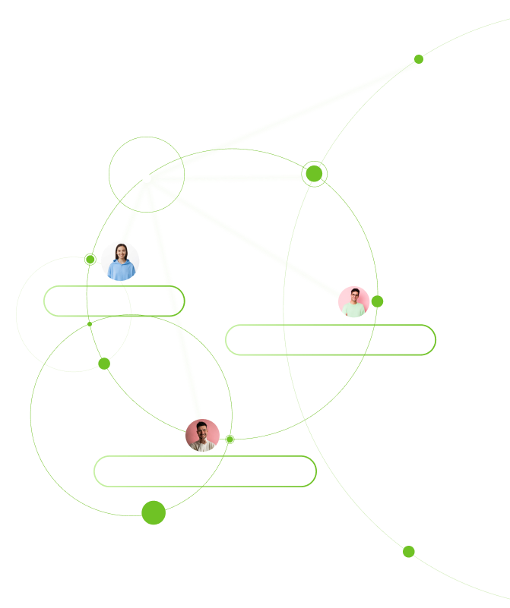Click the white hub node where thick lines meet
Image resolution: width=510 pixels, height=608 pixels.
147,178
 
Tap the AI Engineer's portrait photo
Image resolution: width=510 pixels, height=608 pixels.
120,261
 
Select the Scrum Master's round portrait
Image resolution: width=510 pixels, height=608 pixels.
353,302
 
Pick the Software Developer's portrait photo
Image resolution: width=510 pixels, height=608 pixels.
202,436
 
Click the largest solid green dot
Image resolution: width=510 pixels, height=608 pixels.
154,512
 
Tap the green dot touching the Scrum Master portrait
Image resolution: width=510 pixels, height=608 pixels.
377,301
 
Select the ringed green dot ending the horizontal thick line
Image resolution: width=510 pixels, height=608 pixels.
314,174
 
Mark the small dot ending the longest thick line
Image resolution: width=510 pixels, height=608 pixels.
419,59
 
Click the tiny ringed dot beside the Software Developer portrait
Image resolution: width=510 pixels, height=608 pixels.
230,439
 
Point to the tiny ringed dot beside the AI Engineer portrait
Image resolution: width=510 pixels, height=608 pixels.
90,260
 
